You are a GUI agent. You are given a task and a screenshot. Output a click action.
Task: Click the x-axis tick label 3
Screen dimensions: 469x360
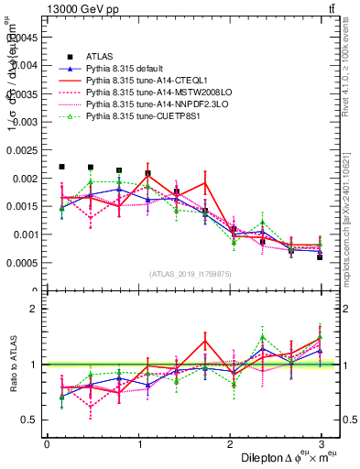pyautogui.click(x=320, y=443)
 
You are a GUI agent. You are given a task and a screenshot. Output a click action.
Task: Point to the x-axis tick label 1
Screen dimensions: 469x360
pyautogui.click(x=137, y=443)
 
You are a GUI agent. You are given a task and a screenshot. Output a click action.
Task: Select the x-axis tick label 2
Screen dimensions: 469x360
pyautogui.click(x=229, y=443)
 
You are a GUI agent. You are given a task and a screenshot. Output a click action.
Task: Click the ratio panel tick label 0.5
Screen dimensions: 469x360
pyautogui.click(x=30, y=420)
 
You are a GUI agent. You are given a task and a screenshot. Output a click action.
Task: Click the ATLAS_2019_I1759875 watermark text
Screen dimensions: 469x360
pyautogui.click(x=191, y=274)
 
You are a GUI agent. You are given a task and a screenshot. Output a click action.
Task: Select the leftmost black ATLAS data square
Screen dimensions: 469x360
pyautogui.click(x=61, y=167)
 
